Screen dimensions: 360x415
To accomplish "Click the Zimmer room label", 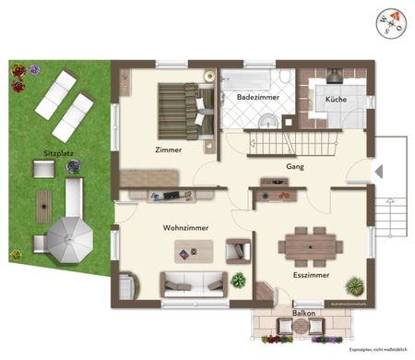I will [168, 150].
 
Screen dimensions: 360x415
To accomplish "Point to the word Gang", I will [295, 167].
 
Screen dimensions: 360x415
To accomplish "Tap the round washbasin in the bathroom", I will [267, 119].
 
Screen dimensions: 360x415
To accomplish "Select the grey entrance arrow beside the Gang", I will [377, 171].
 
